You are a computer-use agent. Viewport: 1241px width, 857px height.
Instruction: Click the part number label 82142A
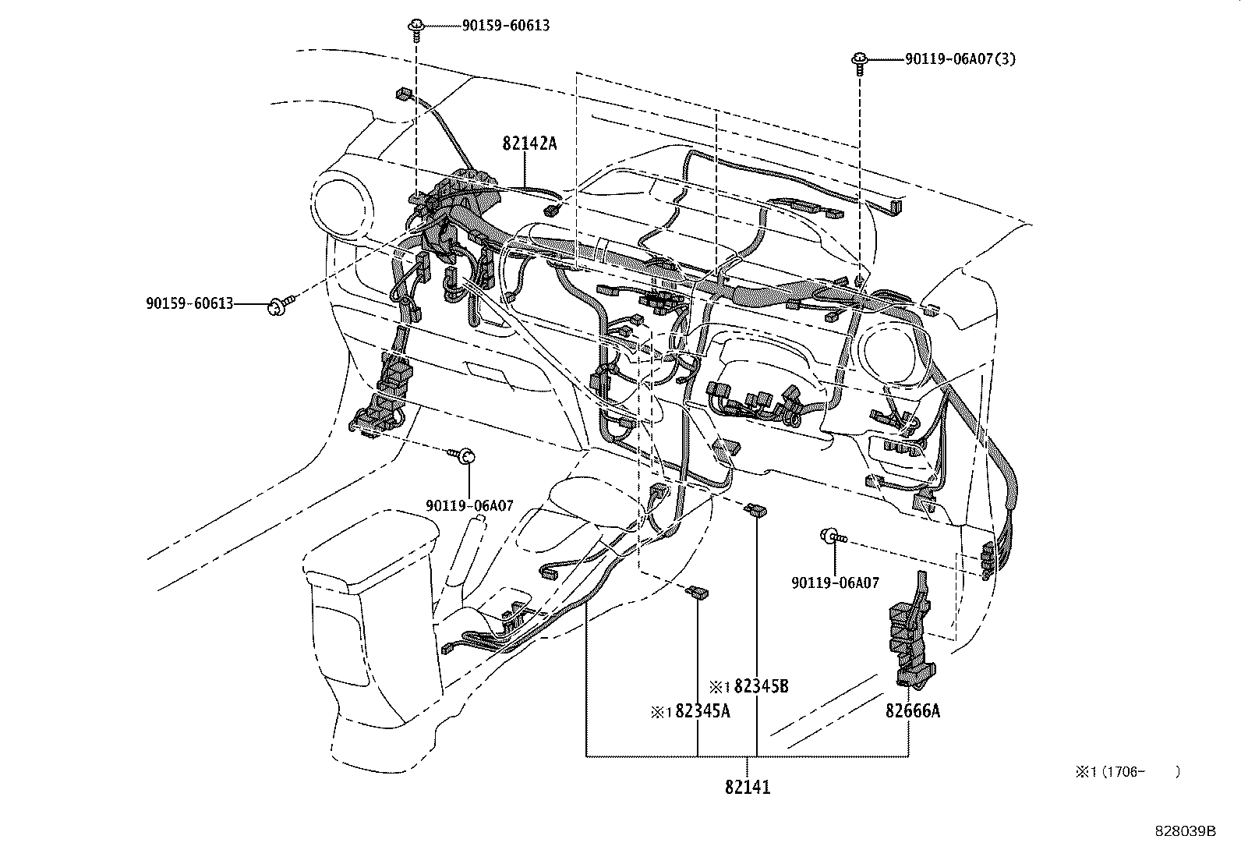(x=529, y=143)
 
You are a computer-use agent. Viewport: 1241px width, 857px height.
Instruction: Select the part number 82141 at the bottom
(x=747, y=788)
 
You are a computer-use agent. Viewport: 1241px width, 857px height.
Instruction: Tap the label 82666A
(x=912, y=711)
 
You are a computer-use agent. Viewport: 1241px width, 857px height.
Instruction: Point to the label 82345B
(x=761, y=686)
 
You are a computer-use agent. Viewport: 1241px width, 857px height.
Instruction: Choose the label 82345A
(x=702, y=711)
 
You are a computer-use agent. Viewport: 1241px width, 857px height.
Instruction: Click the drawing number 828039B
(x=1185, y=831)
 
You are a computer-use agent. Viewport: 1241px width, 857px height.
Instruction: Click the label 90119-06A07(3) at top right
(x=960, y=58)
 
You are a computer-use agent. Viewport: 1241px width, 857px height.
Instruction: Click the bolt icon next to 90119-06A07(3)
(x=861, y=61)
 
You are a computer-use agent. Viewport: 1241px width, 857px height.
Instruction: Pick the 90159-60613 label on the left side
(x=189, y=303)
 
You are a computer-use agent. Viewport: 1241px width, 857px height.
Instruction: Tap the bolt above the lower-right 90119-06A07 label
(x=833, y=536)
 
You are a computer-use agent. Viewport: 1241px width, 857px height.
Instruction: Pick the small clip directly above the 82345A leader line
(x=696, y=593)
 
